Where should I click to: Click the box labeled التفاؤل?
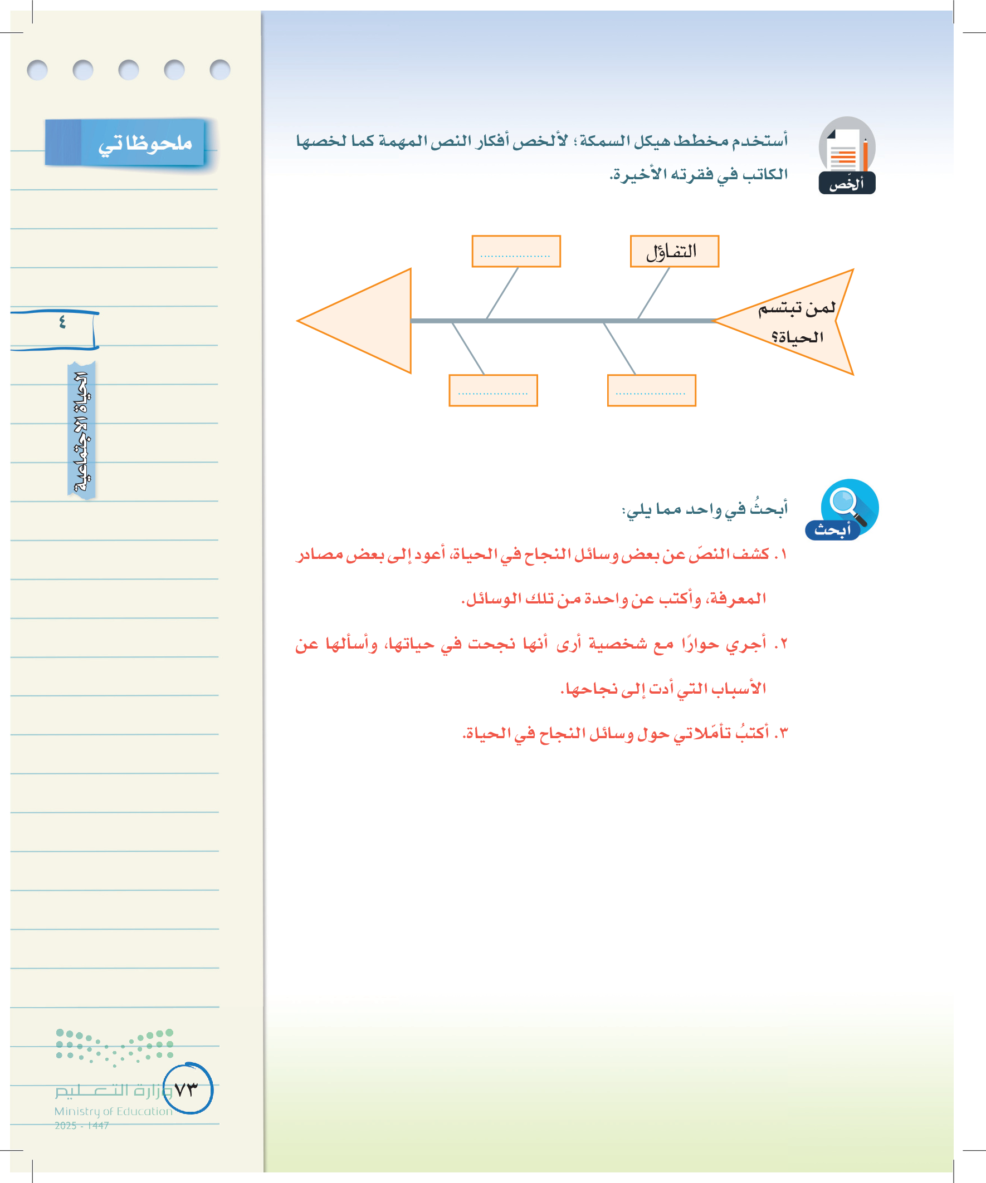[x=673, y=251]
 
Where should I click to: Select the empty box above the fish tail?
[x=516, y=251]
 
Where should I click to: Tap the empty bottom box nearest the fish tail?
[x=492, y=390]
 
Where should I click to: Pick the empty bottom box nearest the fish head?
[x=651, y=390]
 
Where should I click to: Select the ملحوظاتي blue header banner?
[x=125, y=143]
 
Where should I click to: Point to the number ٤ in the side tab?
[x=62, y=322]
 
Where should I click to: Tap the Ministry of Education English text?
[x=113, y=1111]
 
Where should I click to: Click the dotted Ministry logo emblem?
[x=114, y=1047]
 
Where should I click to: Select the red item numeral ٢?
[x=783, y=644]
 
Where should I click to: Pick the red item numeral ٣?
[x=783, y=733]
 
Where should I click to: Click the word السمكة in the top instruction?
[x=604, y=140]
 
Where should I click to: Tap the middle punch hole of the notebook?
[x=129, y=70]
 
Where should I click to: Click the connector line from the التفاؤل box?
[x=653, y=293]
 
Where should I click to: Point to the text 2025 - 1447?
[x=82, y=1126]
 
